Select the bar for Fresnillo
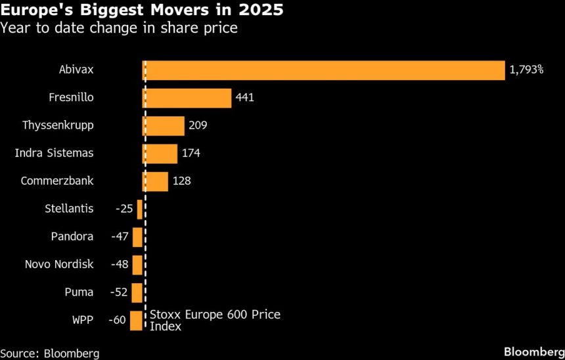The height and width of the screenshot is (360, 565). pos(187,98)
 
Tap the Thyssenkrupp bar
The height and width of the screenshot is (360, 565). pos(164,125)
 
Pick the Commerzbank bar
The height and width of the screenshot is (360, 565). pos(156,181)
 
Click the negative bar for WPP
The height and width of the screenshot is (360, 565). pos(136,321)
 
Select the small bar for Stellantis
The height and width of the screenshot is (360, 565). pos(140,209)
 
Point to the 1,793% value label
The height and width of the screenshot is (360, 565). pos(526,70)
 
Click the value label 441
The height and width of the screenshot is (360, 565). pos(244,98)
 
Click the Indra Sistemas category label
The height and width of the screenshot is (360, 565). pos(54,153)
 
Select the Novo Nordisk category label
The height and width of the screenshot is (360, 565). pos(59,265)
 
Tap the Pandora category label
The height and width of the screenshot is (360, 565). pos(72,236)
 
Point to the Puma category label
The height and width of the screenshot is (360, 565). pos(79,292)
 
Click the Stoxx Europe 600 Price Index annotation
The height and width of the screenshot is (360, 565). pos(215,321)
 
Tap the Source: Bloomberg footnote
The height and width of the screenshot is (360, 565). pos(50,353)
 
